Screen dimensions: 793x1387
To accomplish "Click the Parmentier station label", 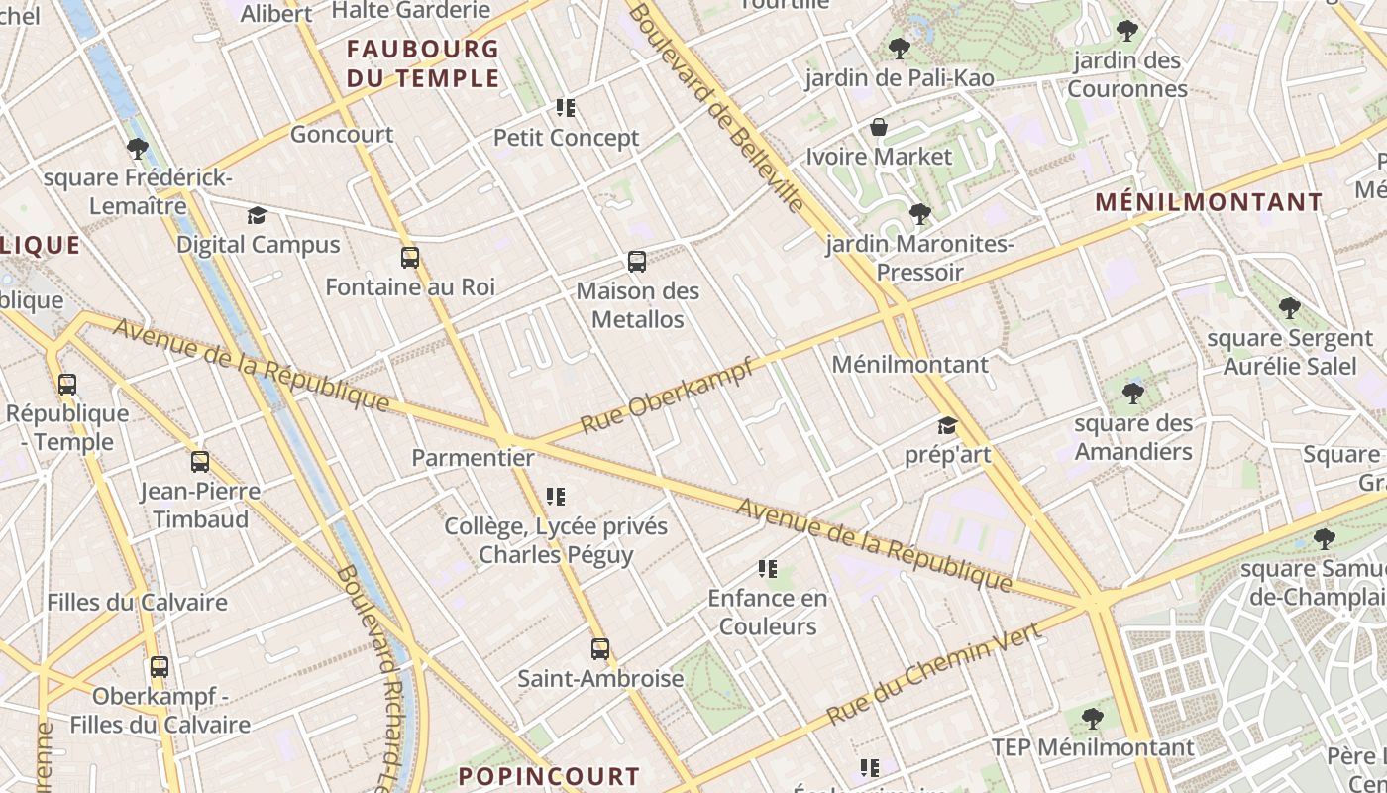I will (x=473, y=458).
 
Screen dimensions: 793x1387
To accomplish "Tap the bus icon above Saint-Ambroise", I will (x=600, y=649).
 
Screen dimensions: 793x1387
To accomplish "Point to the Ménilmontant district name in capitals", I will (x=1209, y=202).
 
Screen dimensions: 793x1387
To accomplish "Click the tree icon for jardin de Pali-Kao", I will (x=899, y=48).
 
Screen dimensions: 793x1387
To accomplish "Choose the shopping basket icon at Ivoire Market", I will (x=878, y=127).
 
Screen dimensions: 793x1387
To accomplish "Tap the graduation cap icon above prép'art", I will (x=947, y=426).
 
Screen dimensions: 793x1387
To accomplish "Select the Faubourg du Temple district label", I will (x=423, y=63).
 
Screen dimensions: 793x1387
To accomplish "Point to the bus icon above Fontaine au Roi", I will (x=410, y=258).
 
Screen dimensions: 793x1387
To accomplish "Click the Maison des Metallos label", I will (x=637, y=305).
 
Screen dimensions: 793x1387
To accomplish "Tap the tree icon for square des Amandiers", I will (x=1133, y=394).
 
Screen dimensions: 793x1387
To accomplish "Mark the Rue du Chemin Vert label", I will (x=933, y=674).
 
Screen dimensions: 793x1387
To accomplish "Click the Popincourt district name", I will (x=550, y=776).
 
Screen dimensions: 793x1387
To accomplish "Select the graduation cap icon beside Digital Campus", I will (x=258, y=215).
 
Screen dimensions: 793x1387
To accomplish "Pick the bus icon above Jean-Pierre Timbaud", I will (x=200, y=462).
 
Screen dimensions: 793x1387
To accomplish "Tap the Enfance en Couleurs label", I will (x=768, y=612).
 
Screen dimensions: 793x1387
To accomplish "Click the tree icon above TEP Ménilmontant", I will (x=1093, y=718).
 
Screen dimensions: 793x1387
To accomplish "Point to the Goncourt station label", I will (x=342, y=134).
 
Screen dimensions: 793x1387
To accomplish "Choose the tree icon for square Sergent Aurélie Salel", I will (x=1289, y=308).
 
